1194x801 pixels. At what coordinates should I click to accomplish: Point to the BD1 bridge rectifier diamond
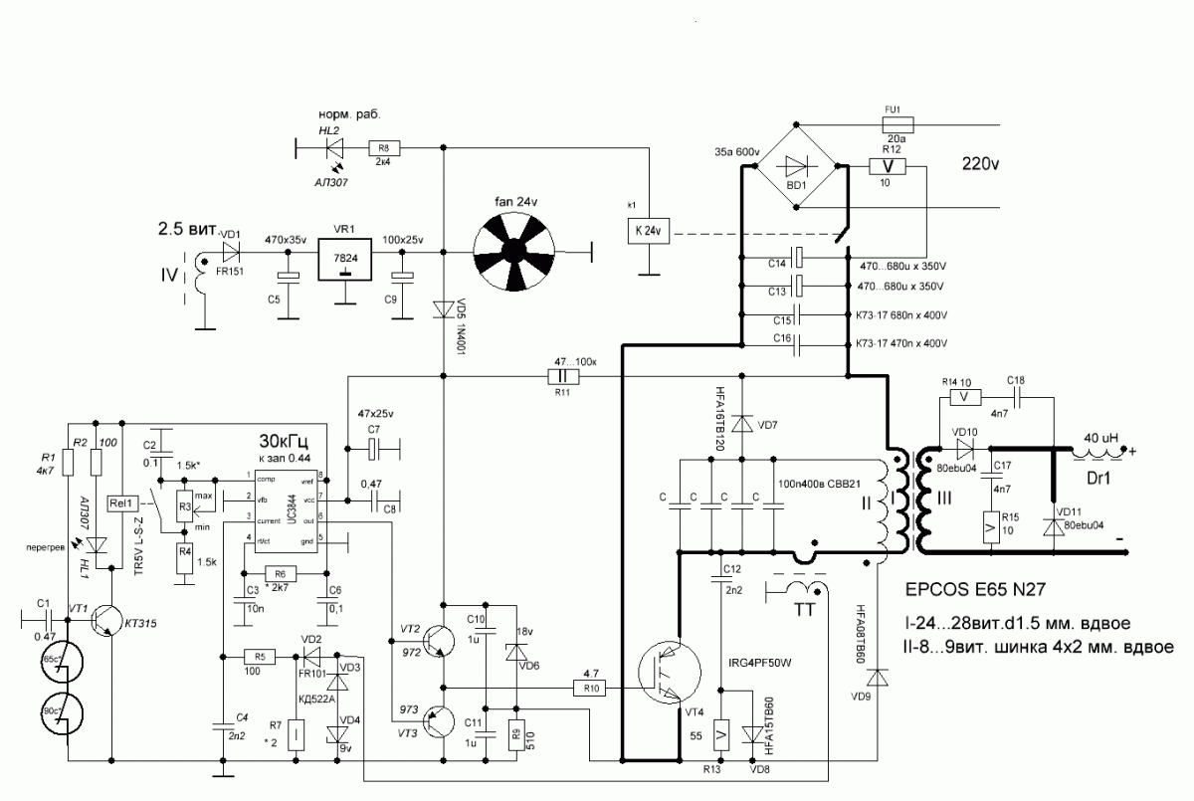tap(797, 166)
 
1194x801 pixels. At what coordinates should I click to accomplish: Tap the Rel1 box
tap(124, 502)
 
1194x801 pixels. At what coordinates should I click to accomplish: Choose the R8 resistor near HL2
tap(383, 148)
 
